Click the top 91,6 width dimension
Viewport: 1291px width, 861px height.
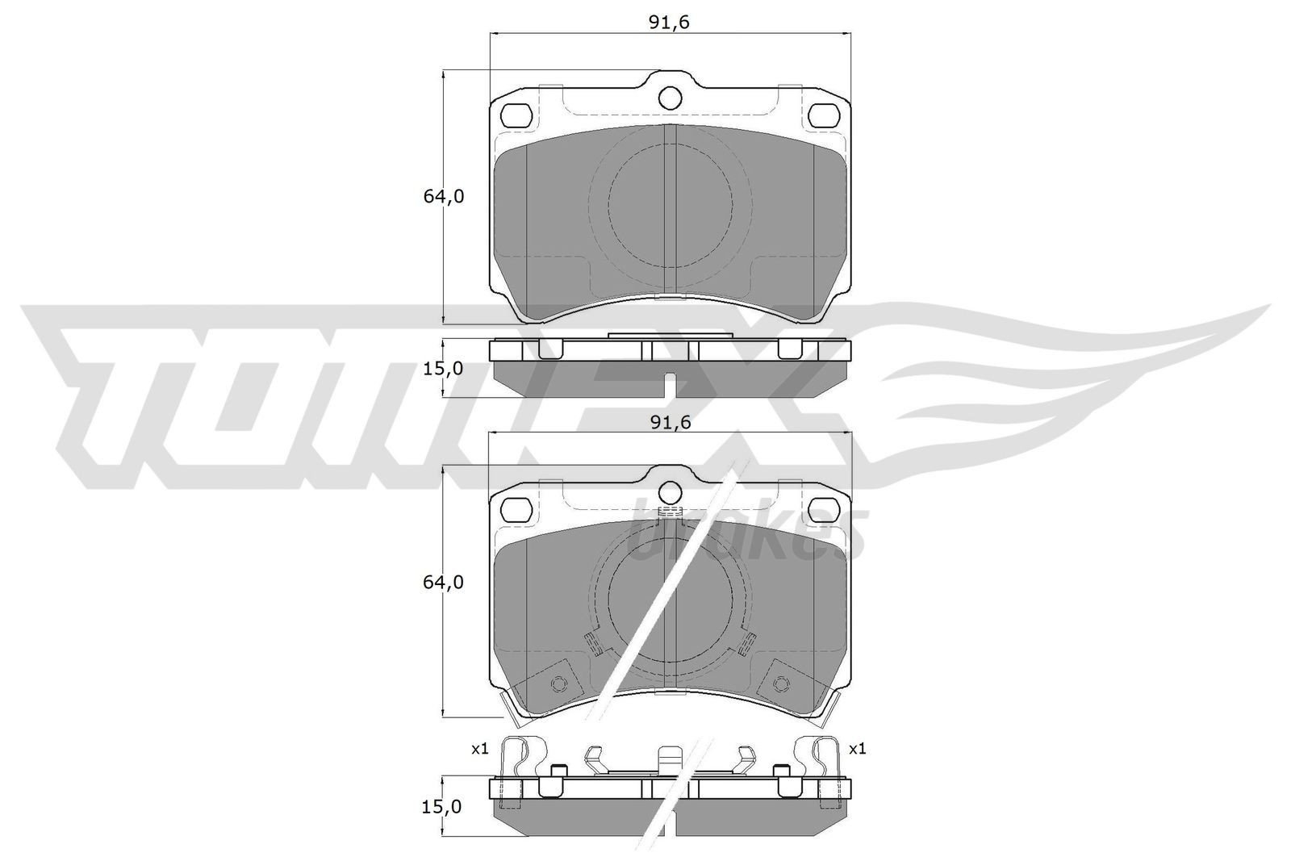671,23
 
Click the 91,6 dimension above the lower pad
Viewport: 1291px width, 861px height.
671,422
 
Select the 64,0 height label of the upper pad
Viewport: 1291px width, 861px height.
444,196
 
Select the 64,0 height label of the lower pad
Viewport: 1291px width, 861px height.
444,582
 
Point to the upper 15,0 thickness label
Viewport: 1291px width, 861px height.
444,368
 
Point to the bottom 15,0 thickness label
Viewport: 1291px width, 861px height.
444,806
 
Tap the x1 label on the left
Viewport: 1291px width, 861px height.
479,749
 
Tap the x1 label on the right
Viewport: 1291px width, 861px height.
857,749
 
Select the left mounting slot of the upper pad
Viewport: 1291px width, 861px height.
516,115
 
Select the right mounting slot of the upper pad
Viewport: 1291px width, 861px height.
824,115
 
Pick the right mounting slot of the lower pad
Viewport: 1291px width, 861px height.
824,508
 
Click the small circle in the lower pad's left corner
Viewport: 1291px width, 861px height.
556,684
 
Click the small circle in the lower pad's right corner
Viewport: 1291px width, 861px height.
779,684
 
